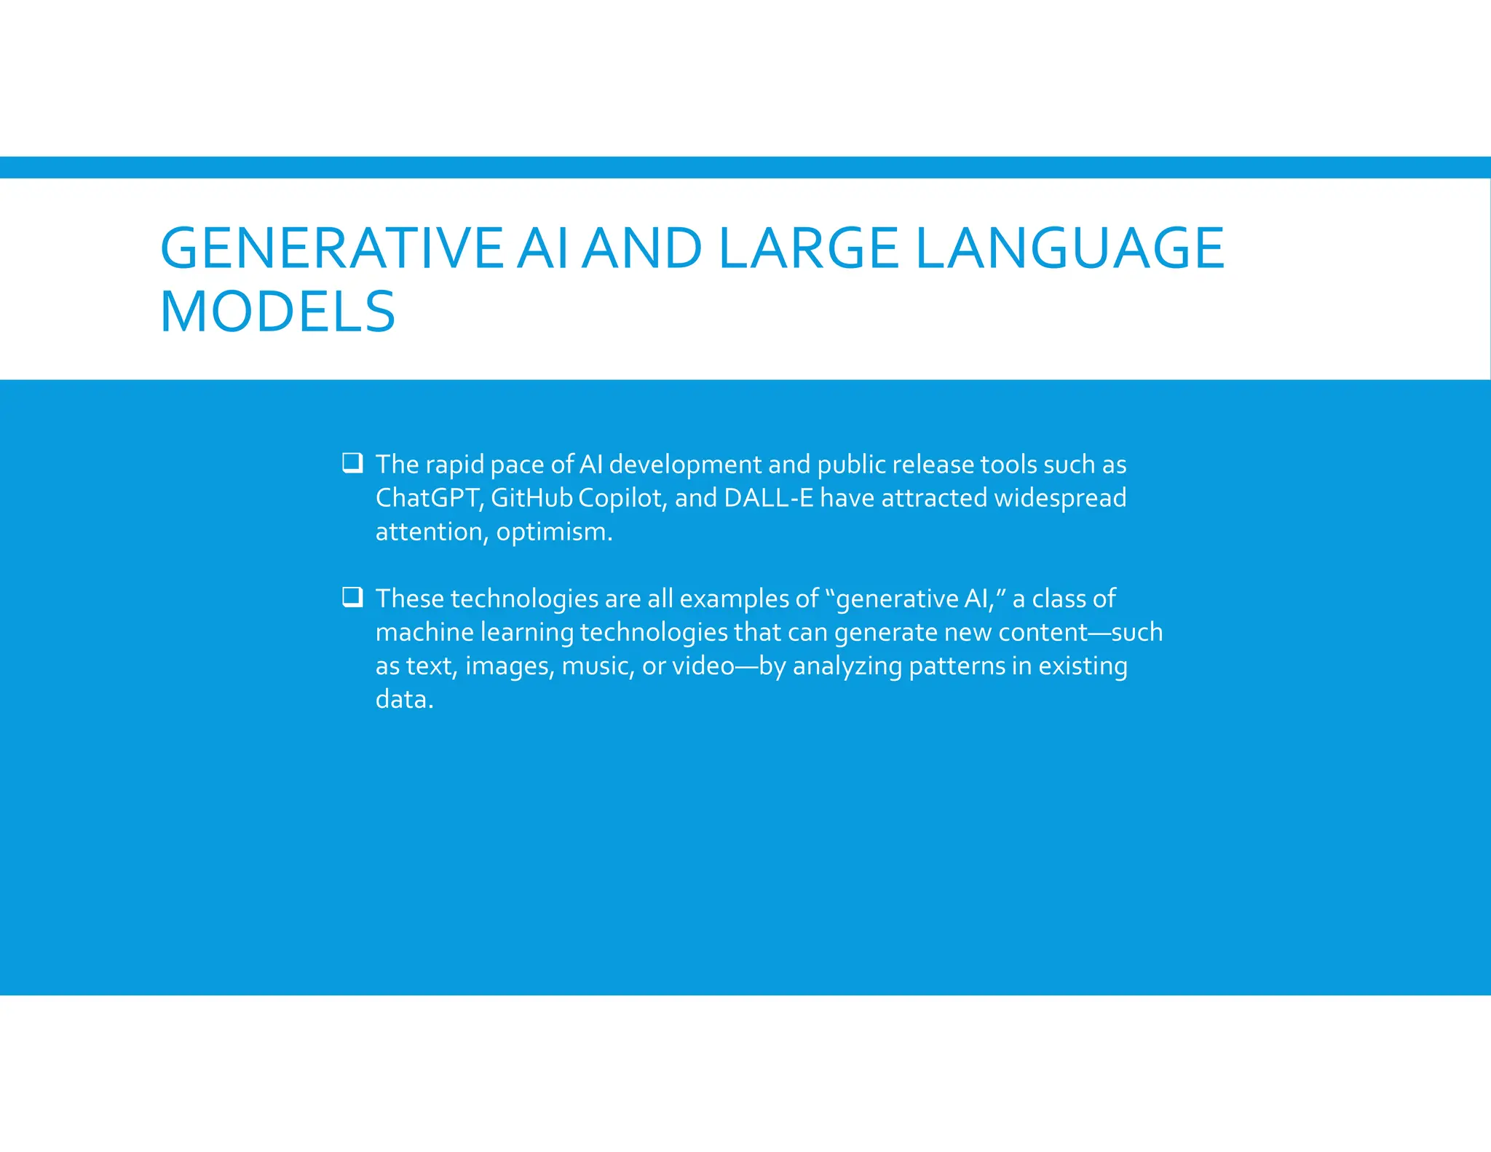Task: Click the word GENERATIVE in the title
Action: (331, 248)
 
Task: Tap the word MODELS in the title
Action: (277, 312)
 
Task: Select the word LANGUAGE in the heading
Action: (1069, 248)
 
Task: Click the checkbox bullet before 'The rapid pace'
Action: (352, 462)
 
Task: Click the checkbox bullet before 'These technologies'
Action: (352, 597)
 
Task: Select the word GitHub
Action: (531, 498)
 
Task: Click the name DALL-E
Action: (768, 498)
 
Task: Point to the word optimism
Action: (554, 532)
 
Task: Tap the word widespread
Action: (1060, 499)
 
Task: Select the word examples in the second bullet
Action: (733, 599)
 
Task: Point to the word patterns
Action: (957, 666)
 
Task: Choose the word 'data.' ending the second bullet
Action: (404, 699)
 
